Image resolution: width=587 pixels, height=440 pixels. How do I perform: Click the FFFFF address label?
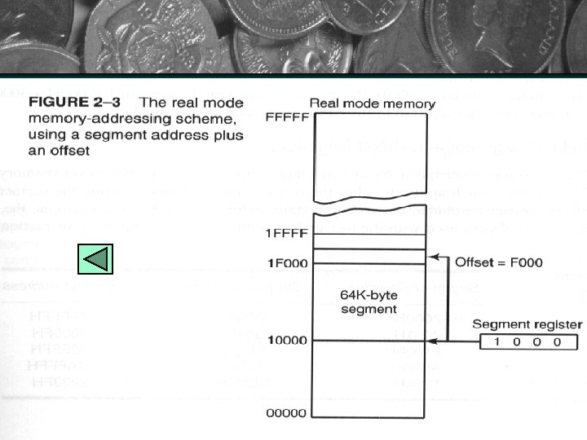click(287, 117)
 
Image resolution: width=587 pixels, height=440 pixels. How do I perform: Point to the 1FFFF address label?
click(287, 233)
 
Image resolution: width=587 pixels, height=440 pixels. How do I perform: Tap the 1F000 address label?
click(287, 262)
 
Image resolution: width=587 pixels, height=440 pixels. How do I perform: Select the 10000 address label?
click(287, 340)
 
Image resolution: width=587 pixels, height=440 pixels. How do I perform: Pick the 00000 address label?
click(287, 413)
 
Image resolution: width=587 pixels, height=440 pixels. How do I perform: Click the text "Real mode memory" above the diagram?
click(373, 104)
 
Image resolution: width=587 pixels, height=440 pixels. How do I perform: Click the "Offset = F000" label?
click(498, 262)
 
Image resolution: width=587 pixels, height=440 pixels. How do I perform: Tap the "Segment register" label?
click(528, 323)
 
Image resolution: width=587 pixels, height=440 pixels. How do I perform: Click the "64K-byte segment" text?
click(369, 301)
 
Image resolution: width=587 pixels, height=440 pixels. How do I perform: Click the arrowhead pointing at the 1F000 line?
click(432, 257)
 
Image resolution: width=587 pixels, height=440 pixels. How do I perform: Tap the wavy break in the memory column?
click(368, 216)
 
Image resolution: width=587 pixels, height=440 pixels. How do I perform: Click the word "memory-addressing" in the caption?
click(85, 119)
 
